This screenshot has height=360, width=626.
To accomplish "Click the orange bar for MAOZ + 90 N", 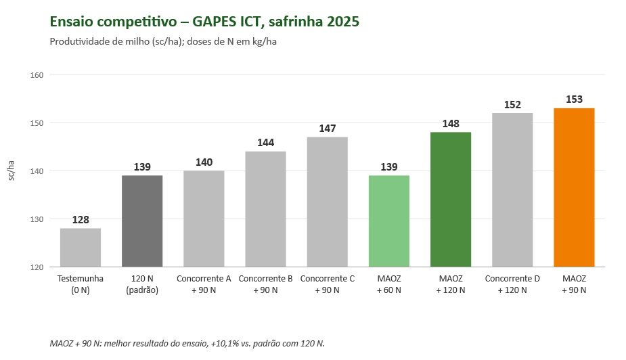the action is click(574, 187).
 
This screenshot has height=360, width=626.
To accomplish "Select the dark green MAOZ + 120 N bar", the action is click(450, 199).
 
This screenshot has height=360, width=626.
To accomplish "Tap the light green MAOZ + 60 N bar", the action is click(389, 221).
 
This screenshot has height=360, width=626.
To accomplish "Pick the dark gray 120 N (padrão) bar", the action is click(142, 221).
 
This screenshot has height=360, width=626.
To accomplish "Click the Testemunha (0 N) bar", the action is click(81, 248).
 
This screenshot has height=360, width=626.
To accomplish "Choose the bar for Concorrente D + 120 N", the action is click(512, 189).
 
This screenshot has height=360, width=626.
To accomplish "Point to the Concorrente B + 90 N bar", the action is click(265, 209).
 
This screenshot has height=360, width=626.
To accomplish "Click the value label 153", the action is click(574, 99).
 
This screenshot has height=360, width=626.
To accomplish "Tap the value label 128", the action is click(81, 219).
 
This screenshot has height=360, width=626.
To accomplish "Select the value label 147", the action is click(328, 128).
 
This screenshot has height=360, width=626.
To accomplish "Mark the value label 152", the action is click(512, 105).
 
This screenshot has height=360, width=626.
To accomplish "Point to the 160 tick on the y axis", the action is click(37, 75).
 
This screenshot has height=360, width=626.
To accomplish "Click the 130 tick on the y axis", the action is click(37, 219).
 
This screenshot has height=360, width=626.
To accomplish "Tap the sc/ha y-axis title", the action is click(12, 171).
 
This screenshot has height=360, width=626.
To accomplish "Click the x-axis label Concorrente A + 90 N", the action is click(204, 284).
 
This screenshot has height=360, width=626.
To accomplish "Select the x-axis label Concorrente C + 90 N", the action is click(328, 284).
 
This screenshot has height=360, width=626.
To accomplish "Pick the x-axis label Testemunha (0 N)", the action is click(81, 284).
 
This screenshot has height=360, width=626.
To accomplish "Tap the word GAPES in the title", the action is click(215, 21).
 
